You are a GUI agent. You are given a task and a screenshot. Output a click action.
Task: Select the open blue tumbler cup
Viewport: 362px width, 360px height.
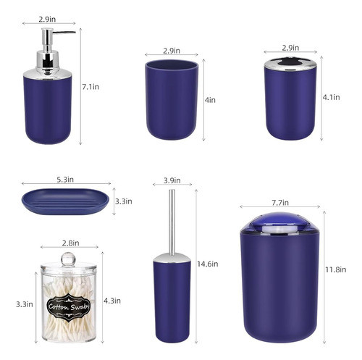coord(171,102)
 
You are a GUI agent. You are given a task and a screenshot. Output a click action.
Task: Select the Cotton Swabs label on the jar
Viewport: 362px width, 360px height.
coord(67,306)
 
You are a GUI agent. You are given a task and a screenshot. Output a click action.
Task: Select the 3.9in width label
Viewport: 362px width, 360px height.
coord(172,180)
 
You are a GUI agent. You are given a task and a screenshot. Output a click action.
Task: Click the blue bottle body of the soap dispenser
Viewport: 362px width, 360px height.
coord(49,109)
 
